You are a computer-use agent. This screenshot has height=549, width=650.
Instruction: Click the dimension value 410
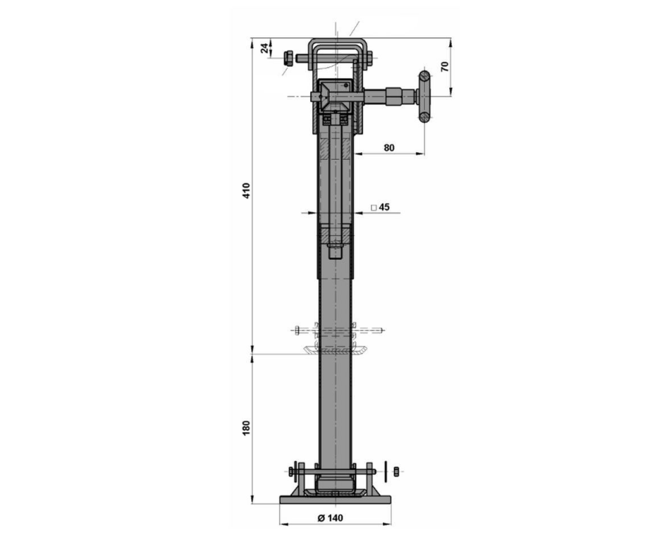pyautogui.click(x=247, y=190)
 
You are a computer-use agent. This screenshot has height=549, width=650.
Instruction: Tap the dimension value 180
pyautogui.click(x=247, y=428)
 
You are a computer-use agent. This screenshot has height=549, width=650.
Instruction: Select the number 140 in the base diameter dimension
pyautogui.click(x=336, y=518)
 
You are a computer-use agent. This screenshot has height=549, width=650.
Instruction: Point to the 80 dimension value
pyautogui.click(x=389, y=147)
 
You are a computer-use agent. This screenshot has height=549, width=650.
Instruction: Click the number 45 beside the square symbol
pyautogui.click(x=384, y=206)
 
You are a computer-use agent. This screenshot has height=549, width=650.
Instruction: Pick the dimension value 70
pyautogui.click(x=445, y=66)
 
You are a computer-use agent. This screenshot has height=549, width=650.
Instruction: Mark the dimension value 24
pyautogui.click(x=264, y=49)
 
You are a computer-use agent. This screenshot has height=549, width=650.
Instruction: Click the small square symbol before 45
pyautogui.click(x=374, y=207)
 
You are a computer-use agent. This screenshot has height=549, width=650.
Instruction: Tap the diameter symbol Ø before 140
pyautogui.click(x=321, y=518)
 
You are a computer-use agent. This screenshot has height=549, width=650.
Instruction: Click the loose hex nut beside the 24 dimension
pyautogui.click(x=288, y=58)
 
